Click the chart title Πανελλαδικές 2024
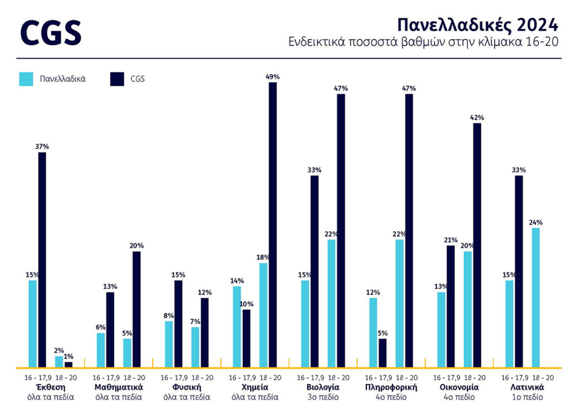tap(477, 25)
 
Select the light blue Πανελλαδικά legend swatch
tap(26, 79)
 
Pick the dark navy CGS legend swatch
tap(117, 79)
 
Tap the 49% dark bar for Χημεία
tap(272, 225)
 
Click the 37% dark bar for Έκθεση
tap(42, 260)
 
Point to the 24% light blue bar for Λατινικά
tap(536, 298)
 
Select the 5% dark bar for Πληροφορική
tap(383, 353)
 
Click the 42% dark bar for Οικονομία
tap(477, 245)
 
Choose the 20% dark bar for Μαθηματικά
tap(137, 309)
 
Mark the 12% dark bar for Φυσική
tap(205, 333)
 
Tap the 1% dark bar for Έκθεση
tap(68, 364)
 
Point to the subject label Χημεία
tap(256, 387)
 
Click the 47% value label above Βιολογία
tap(341, 88)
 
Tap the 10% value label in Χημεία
tap(246, 304)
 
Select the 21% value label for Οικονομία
tap(450, 240)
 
